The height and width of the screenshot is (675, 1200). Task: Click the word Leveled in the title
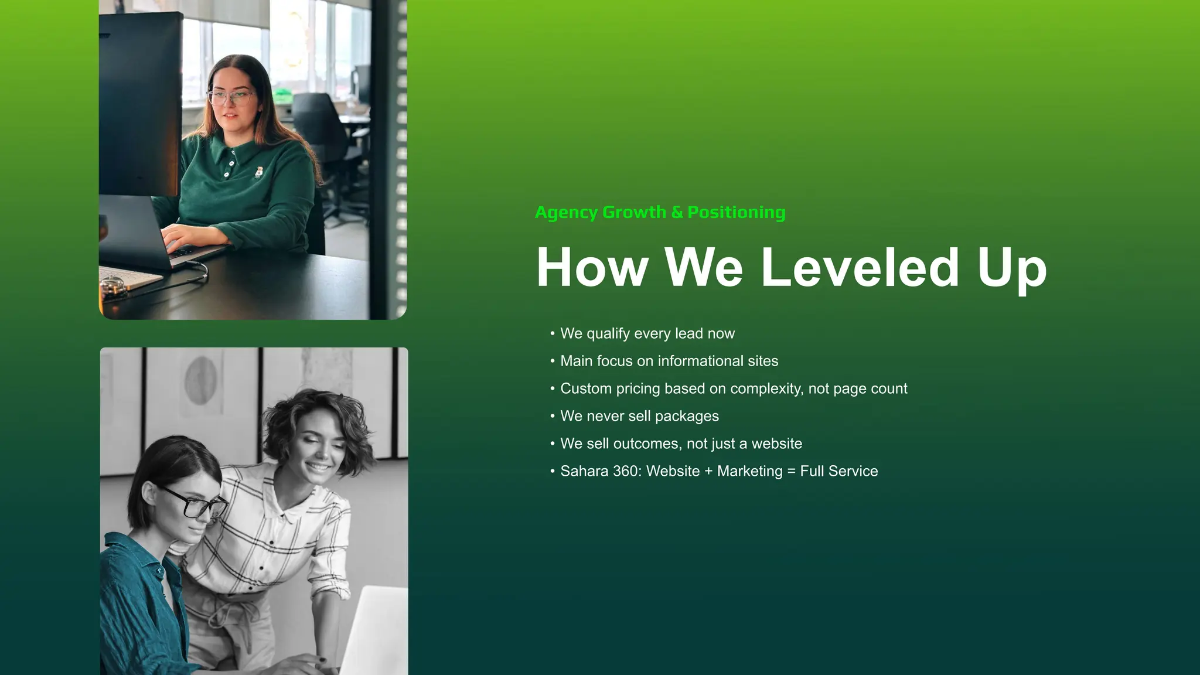coord(860,268)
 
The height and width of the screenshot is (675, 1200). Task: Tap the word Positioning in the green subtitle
coord(736,212)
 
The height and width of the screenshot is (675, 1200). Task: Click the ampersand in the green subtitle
coord(677,212)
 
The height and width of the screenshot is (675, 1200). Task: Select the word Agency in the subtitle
coord(565,213)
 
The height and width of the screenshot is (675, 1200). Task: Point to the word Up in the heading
coord(1011,269)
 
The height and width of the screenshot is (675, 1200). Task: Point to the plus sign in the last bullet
coord(708,471)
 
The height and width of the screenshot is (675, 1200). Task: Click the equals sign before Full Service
coord(791,472)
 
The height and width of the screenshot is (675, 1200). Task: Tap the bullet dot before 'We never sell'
coord(552,416)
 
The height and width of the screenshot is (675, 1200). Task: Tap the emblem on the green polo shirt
coord(258,172)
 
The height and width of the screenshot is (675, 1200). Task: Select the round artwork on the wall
coord(201,381)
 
